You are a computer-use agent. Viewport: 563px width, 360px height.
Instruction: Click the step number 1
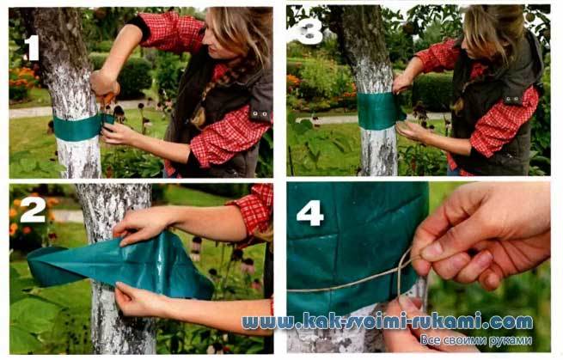pos(32,48)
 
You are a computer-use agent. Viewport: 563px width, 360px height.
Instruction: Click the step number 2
pos(33,210)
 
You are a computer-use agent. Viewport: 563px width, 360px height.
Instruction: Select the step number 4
pos(310,213)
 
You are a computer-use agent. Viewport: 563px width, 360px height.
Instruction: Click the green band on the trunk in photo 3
pos(381,112)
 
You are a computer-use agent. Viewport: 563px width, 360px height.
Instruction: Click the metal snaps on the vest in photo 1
pos(261,113)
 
